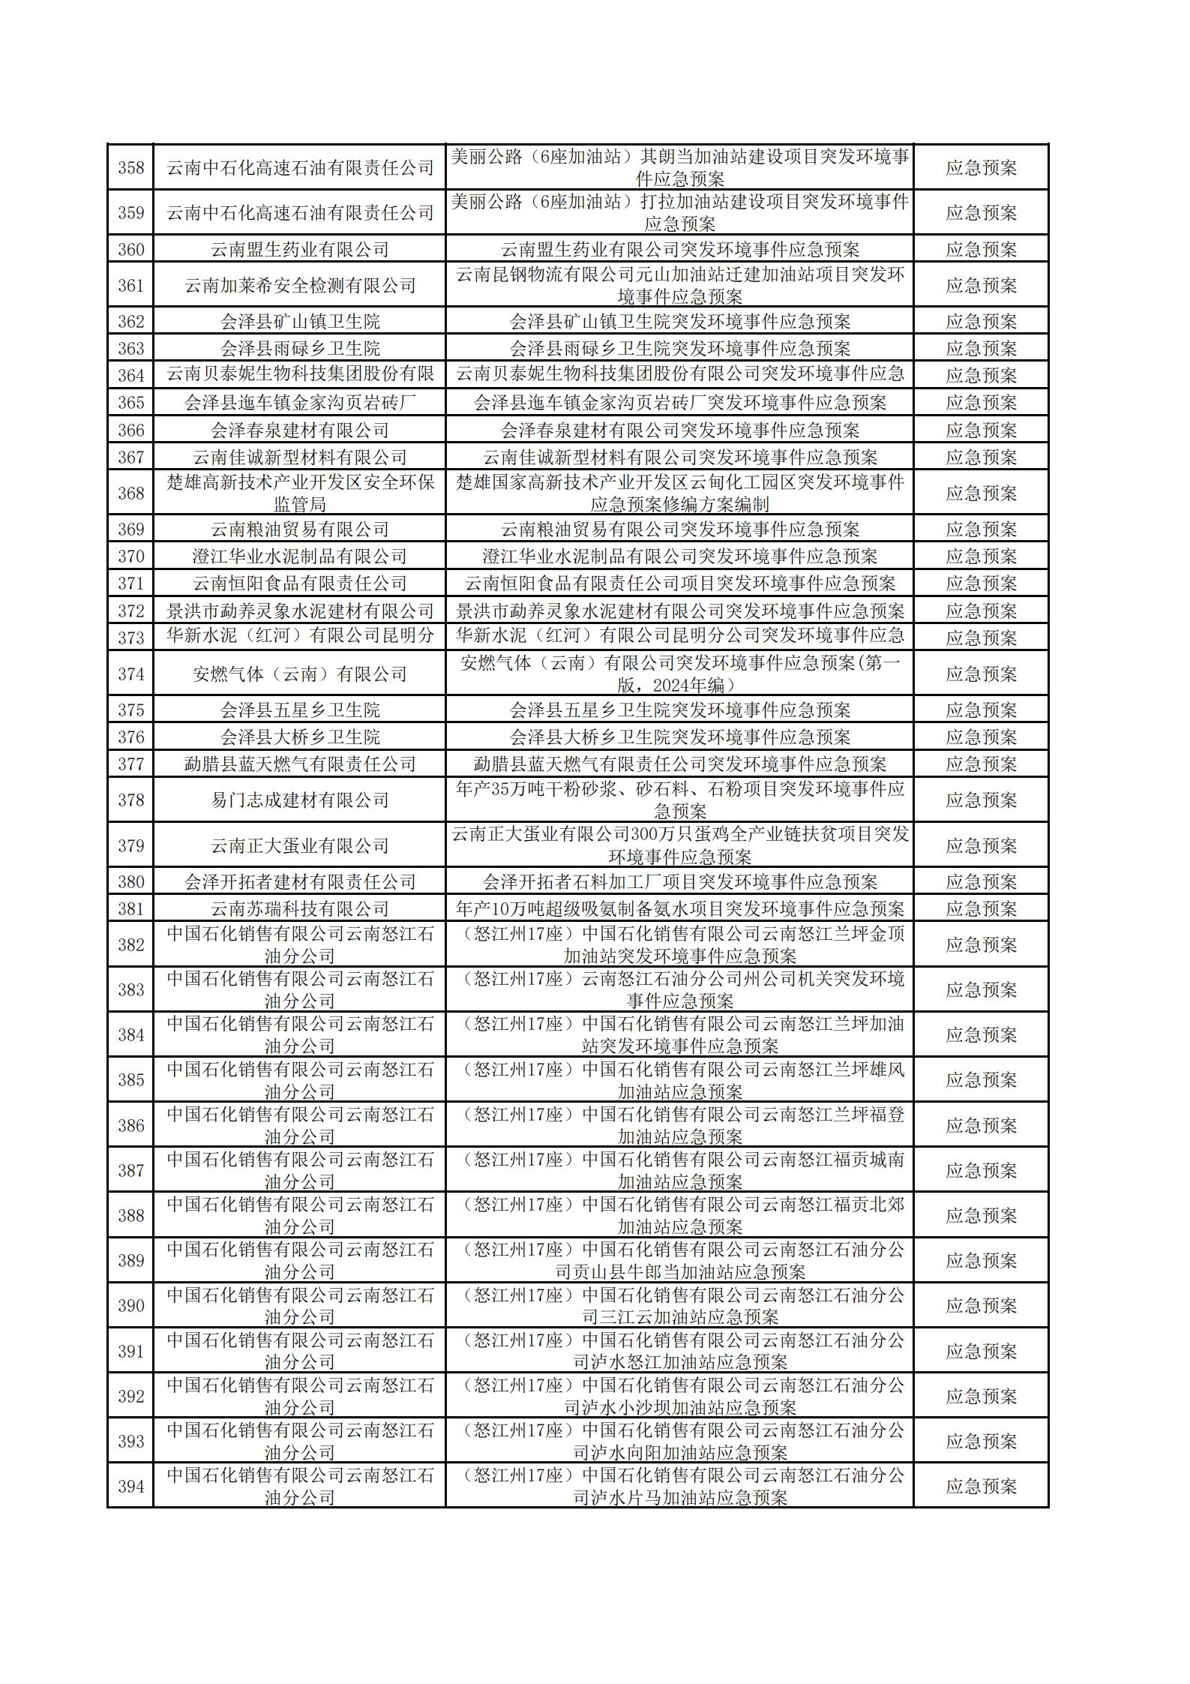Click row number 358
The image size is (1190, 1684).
pos(130,167)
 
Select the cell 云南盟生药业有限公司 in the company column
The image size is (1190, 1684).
pos(300,249)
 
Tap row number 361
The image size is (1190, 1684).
pos(130,285)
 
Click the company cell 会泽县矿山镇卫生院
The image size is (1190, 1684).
pos(300,321)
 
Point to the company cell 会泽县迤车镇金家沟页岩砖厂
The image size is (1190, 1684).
pos(300,403)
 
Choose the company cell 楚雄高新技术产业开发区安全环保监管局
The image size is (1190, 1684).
pos(300,493)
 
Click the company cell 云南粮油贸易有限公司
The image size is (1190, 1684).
pos(300,529)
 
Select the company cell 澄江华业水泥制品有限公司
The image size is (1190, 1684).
pos(300,556)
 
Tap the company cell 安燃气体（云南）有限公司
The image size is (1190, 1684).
pos(300,674)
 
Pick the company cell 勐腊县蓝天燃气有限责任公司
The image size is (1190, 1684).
pos(300,764)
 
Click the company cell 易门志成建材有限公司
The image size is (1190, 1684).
pos(300,800)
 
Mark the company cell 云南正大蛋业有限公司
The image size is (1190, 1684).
pos(300,845)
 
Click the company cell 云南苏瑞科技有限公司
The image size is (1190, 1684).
pos(300,908)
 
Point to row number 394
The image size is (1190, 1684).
pos(130,1485)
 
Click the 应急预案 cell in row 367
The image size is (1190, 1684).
pos(981,457)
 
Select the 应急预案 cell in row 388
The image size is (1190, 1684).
pos(981,1215)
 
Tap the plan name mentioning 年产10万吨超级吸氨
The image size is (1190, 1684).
pos(679,908)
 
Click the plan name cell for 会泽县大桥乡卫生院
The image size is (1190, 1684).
pos(679,737)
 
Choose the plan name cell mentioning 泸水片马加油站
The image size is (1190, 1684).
pos(679,1485)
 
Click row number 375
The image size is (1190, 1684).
pos(130,710)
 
